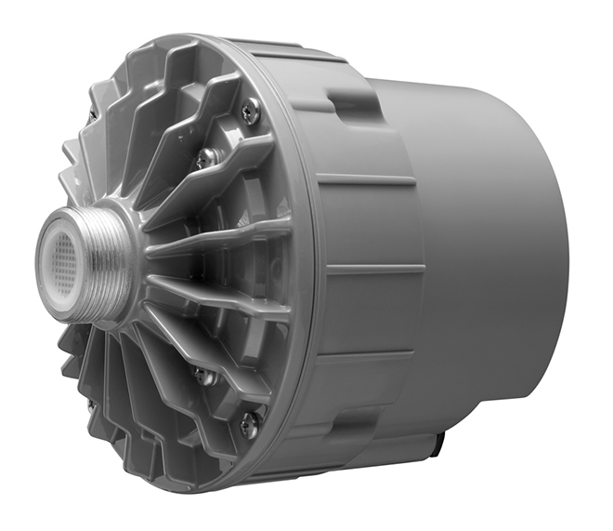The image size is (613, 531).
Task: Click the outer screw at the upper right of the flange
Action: point(249,113)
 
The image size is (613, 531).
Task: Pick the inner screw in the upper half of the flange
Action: point(205,158)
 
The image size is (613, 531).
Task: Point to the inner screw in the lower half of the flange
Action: point(203,376)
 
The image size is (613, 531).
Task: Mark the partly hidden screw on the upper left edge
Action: point(92,115)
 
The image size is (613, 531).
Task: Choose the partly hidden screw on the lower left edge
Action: point(91,405)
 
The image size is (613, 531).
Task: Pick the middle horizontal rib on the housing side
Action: point(372,270)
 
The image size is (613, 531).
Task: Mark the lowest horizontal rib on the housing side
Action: point(372,357)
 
